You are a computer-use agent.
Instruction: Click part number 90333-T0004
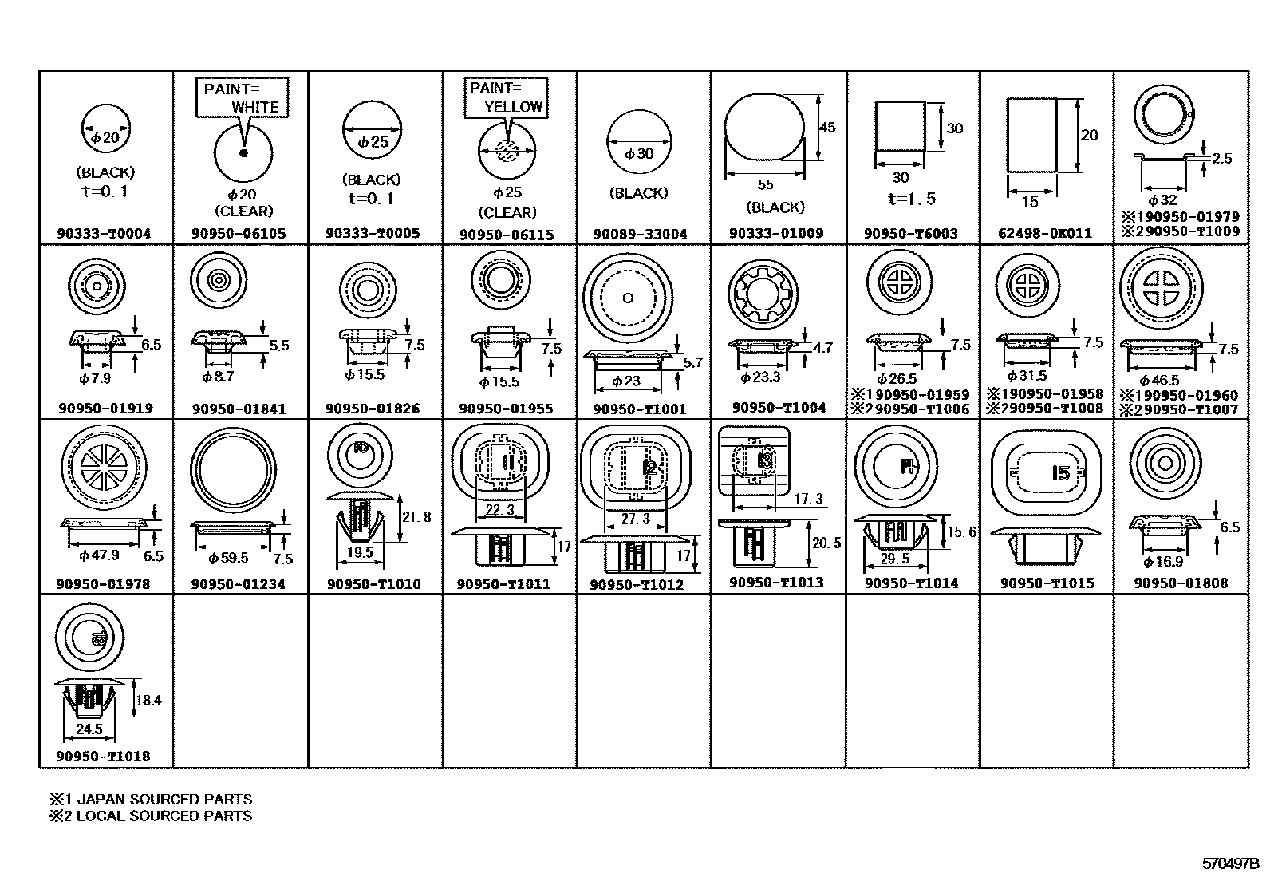(104, 234)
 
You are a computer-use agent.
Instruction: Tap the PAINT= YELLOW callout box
(507, 97)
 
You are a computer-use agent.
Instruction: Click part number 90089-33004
(640, 234)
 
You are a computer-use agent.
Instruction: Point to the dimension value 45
(827, 127)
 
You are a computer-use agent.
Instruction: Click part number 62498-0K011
(1046, 233)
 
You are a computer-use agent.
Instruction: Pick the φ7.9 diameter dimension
(95, 377)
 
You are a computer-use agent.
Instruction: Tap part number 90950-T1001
(640, 409)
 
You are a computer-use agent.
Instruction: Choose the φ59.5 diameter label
(228, 558)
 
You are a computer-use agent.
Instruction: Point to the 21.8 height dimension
(416, 517)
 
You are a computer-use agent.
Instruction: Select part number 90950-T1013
(775, 582)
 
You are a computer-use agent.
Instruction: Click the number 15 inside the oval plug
(1060, 473)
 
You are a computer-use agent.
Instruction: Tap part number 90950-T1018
(103, 756)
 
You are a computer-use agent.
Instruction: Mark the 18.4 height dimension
(148, 700)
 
